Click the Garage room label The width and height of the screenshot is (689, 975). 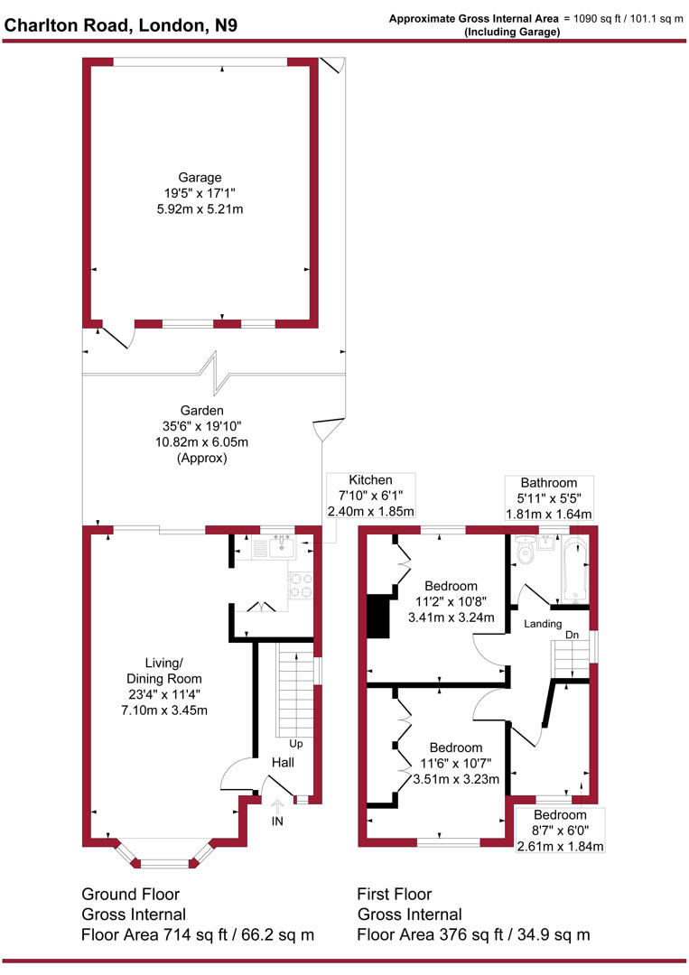pos(200,178)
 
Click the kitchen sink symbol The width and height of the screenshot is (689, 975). pos(277,545)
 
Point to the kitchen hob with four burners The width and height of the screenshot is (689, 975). pos(300,585)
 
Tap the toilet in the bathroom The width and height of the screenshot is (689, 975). pos(523,550)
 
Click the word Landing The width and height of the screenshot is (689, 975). pos(543,624)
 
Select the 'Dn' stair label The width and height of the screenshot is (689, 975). pos(572,635)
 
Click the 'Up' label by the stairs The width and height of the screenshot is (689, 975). pos(295,744)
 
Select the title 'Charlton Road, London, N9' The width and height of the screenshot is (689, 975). pos(122,26)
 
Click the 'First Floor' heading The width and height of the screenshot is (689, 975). pos(395,895)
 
